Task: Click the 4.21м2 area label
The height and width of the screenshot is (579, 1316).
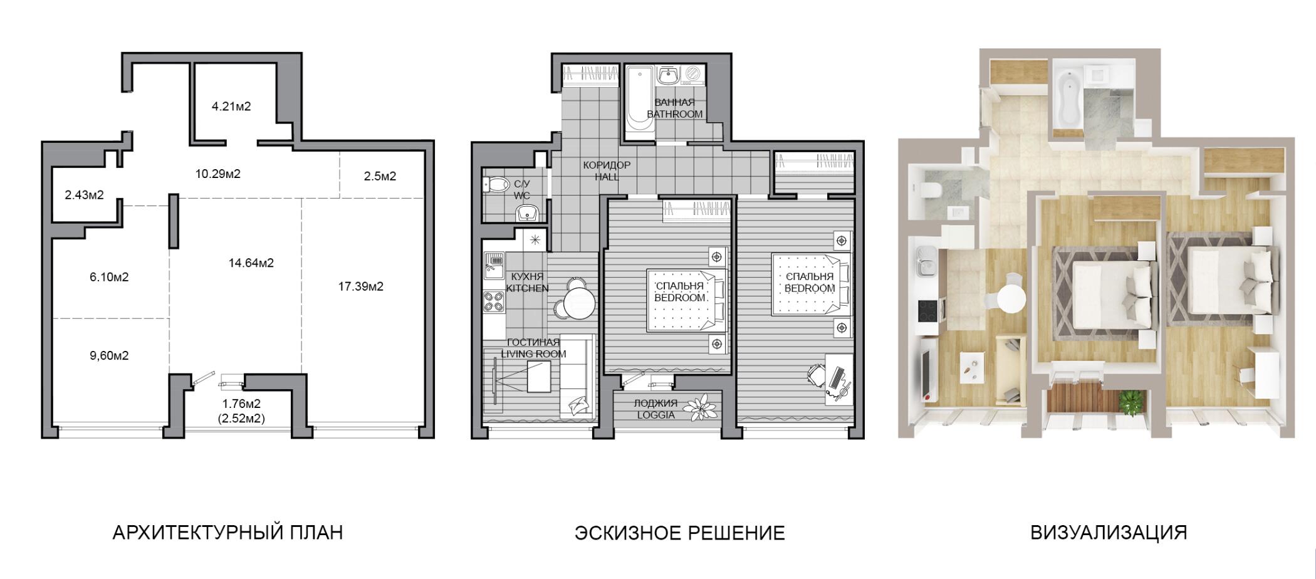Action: [231, 107]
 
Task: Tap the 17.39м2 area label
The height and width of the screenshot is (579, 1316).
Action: [361, 287]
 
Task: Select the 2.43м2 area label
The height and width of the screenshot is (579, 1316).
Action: [84, 195]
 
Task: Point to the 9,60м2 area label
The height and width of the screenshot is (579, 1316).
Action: [109, 356]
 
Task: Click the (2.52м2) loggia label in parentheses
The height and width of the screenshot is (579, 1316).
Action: [241, 418]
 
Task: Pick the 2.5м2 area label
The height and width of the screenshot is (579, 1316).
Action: [380, 177]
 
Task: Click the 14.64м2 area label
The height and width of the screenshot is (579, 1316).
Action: [251, 263]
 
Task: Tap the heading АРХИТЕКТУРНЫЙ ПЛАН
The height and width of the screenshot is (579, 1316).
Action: [227, 533]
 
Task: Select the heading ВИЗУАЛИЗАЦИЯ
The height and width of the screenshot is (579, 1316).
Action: [1109, 533]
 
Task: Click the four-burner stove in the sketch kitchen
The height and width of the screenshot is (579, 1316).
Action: [494, 301]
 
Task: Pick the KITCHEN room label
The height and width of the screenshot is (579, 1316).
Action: [527, 289]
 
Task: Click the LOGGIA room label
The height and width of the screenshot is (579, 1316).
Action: [655, 415]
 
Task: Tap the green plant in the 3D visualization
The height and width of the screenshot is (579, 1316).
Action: [1131, 402]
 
